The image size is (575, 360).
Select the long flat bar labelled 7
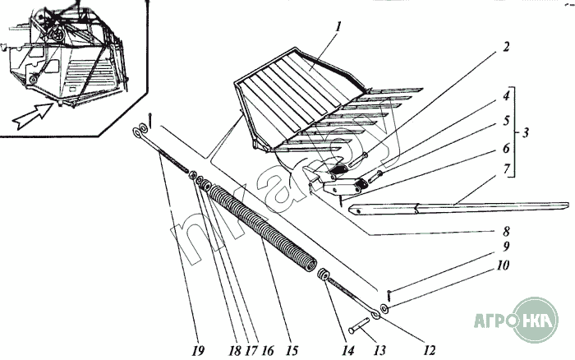(x=460, y=205)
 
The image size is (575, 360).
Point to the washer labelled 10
(x=384, y=309)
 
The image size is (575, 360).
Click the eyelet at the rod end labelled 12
(x=375, y=313)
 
